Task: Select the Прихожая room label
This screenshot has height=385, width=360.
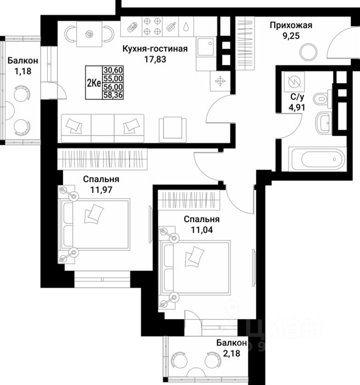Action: click(x=291, y=25)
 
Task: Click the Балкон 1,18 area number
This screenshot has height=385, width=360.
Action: click(x=21, y=70)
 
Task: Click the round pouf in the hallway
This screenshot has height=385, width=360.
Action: click(x=308, y=53)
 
